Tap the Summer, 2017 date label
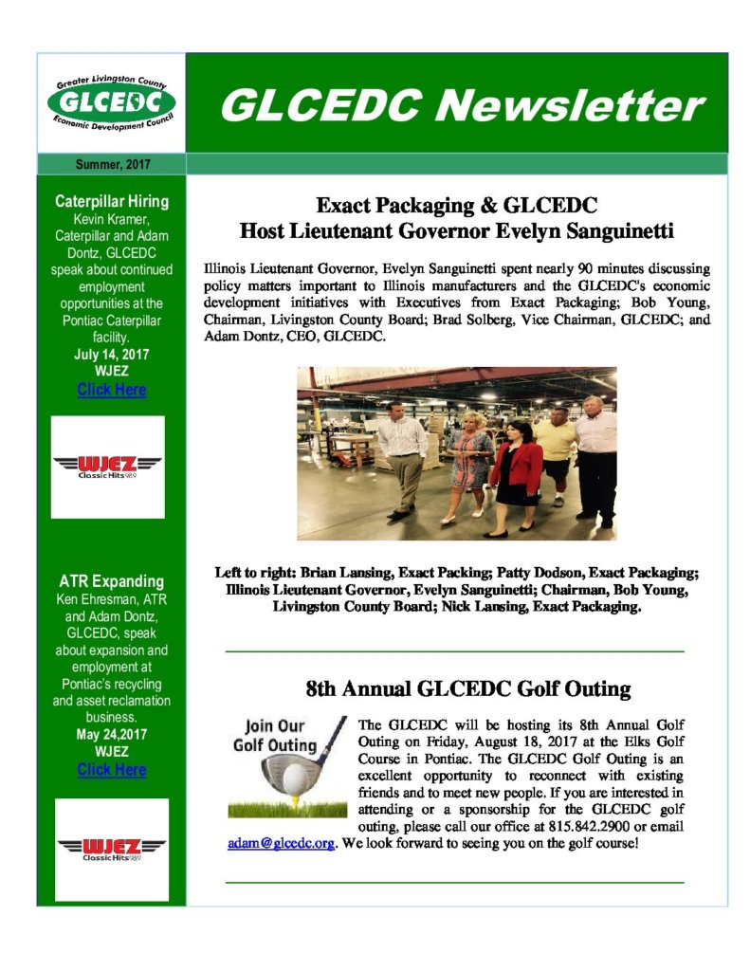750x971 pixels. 112,165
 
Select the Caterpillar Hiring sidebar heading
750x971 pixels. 112,201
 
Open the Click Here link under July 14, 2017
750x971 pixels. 112,390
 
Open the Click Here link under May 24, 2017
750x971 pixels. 112,770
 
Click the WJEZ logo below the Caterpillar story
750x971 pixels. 107,466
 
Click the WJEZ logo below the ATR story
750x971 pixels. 112,848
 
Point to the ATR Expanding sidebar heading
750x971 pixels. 112,581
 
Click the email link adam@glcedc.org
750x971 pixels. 281,843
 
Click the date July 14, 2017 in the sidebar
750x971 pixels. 112,354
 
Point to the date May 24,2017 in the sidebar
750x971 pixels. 112,734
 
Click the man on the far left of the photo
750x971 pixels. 402,455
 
